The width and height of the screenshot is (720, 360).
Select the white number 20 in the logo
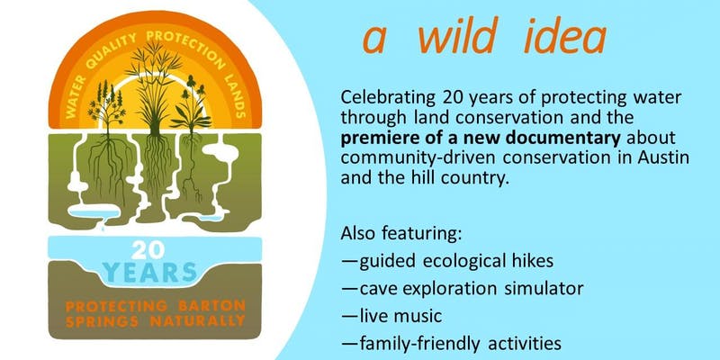click(x=148, y=251)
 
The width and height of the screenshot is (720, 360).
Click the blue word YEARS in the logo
click(x=149, y=272)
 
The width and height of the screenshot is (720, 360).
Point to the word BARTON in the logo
click(x=212, y=305)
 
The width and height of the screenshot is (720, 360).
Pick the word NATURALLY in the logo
click(x=197, y=321)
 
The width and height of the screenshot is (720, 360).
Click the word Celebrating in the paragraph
click(x=388, y=99)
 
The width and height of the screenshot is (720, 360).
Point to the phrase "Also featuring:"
click(x=400, y=234)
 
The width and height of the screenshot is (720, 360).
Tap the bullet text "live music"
click(x=400, y=316)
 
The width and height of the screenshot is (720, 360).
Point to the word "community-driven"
click(x=418, y=158)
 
